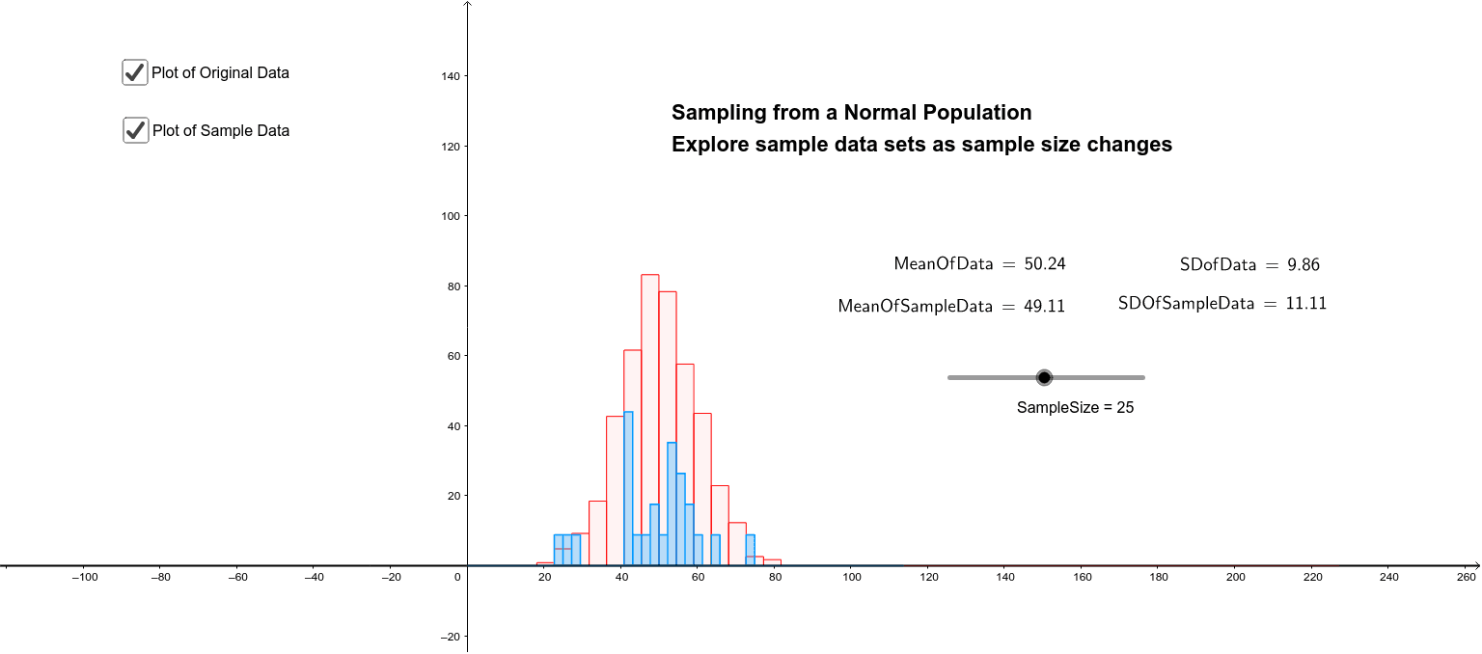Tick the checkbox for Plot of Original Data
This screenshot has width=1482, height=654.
[135, 72]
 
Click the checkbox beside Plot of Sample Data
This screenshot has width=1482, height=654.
[136, 130]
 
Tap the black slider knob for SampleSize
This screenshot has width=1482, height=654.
[1043, 377]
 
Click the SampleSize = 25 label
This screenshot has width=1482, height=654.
[1075, 408]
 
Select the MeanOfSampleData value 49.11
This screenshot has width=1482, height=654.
[1044, 307]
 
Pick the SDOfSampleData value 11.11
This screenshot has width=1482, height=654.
[1305, 304]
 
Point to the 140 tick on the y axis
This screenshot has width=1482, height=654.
[449, 76]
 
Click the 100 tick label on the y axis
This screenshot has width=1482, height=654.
[449, 216]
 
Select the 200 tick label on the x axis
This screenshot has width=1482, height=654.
[1235, 578]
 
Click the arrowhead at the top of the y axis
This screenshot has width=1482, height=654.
[468, 5]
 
